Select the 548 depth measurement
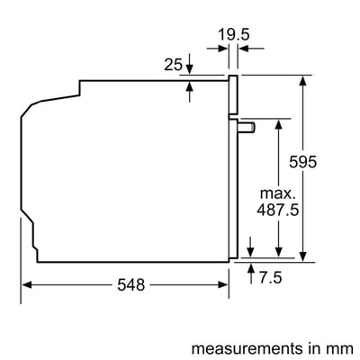[x=130, y=285]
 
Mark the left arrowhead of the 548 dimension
[x=27, y=284]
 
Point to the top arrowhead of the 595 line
[x=307, y=79]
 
